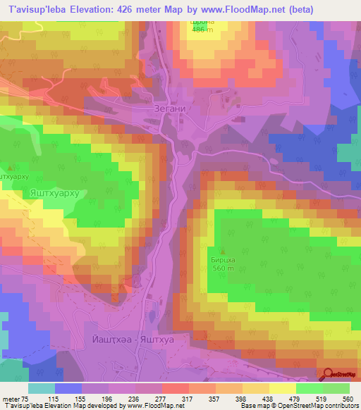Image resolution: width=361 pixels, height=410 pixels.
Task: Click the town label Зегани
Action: pyautogui.click(x=168, y=109)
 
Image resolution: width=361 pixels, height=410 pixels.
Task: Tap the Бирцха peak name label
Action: pyautogui.click(x=224, y=259)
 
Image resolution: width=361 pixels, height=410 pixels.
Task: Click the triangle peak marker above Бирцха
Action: pyautogui.click(x=224, y=251)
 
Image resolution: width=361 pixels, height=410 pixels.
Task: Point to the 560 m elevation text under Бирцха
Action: pyautogui.click(x=224, y=268)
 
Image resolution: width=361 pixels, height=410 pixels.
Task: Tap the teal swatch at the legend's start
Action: pyautogui.click(x=42, y=388)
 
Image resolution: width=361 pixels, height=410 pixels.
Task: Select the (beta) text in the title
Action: pyautogui.click(x=298, y=9)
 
